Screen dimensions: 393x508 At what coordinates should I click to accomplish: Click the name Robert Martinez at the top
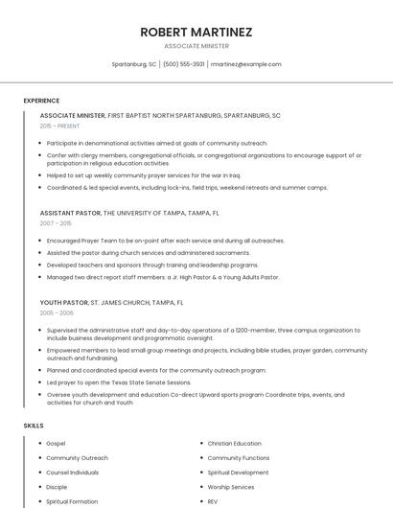click(196, 32)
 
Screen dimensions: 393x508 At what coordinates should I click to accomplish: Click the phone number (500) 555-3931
click(183, 64)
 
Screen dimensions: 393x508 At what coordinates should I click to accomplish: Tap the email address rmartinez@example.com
click(245, 64)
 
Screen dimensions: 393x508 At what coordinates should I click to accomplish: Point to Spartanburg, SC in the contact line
click(134, 64)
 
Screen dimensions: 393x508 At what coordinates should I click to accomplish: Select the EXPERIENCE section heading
click(41, 101)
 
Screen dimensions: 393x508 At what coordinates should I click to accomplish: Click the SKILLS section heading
click(33, 425)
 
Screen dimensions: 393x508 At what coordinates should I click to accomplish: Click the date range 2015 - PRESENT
click(59, 126)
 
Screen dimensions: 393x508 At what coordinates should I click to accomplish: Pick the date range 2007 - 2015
click(56, 223)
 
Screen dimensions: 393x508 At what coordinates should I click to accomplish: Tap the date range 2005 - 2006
click(57, 312)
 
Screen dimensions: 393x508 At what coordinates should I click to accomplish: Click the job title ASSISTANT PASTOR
click(70, 213)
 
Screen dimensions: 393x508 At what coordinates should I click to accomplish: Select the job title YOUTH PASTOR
click(64, 302)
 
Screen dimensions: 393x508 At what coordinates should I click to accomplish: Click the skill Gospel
click(56, 444)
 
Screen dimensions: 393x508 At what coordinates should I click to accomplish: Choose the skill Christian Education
click(234, 444)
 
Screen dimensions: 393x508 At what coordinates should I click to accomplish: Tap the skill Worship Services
click(231, 487)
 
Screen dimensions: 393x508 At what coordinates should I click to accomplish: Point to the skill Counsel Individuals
click(72, 473)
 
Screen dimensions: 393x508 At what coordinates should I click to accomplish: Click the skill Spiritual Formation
click(71, 501)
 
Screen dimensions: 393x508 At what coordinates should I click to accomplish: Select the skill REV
click(213, 501)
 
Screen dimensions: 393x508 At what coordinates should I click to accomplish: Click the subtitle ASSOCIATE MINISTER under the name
click(196, 46)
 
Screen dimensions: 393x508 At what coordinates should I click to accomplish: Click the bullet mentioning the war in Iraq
click(144, 175)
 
